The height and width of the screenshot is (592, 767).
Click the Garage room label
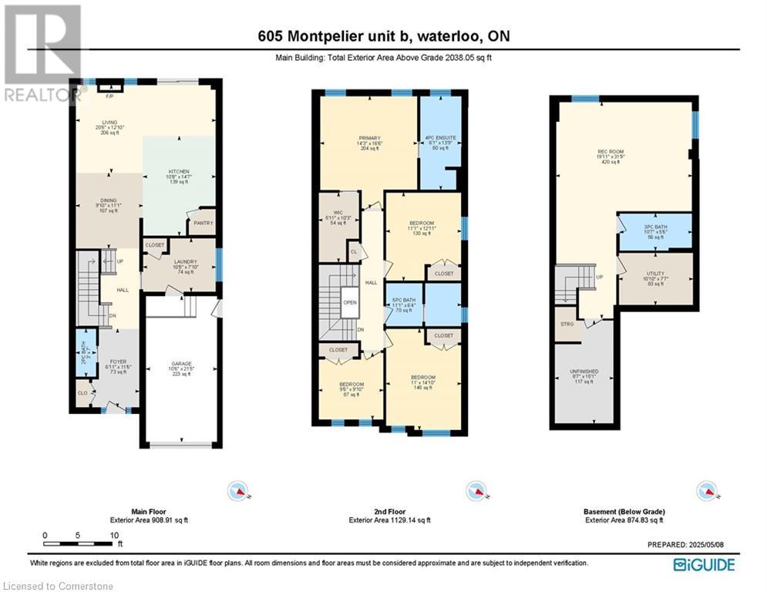(x=181, y=368)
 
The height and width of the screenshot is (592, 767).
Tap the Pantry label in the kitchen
(x=204, y=223)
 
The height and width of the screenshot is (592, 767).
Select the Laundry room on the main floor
(x=185, y=267)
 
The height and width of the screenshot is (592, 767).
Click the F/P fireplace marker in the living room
(x=109, y=96)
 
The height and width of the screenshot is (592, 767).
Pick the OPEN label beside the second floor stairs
(x=349, y=302)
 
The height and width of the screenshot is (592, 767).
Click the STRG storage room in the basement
(x=568, y=325)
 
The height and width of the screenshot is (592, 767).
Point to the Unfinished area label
(x=584, y=376)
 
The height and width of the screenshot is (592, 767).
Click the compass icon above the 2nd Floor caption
(x=474, y=489)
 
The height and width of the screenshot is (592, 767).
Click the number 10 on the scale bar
(x=114, y=535)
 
